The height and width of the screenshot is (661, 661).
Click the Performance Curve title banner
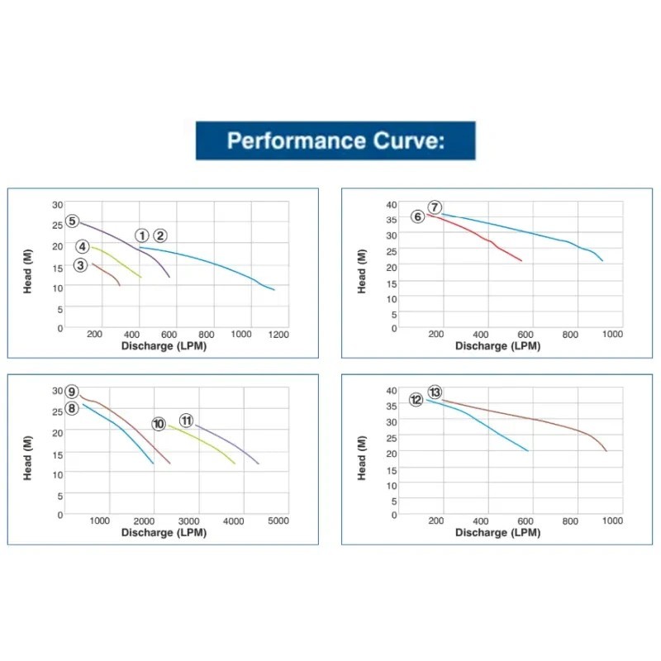(x=335, y=140)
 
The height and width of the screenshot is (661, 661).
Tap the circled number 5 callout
(x=73, y=221)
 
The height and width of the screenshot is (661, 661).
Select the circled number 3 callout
(x=80, y=265)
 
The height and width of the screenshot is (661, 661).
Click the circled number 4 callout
(x=83, y=247)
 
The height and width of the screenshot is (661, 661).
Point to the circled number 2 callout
(x=160, y=235)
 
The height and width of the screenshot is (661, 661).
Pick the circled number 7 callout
(x=435, y=207)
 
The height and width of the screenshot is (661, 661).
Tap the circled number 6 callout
(x=417, y=216)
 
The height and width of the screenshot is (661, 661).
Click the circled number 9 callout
(x=72, y=392)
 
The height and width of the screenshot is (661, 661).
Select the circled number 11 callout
(x=187, y=421)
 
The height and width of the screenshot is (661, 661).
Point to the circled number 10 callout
(x=159, y=424)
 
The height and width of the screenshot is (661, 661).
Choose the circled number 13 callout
(x=435, y=392)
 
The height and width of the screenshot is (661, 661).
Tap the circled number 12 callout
(x=416, y=400)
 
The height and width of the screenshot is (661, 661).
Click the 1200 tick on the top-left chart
(x=278, y=335)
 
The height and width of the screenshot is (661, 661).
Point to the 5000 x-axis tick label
(x=278, y=521)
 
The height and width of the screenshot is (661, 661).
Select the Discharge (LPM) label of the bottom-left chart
(x=164, y=532)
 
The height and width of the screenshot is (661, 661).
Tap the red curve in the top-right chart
(x=487, y=244)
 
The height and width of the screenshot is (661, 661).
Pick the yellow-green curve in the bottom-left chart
(x=207, y=442)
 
